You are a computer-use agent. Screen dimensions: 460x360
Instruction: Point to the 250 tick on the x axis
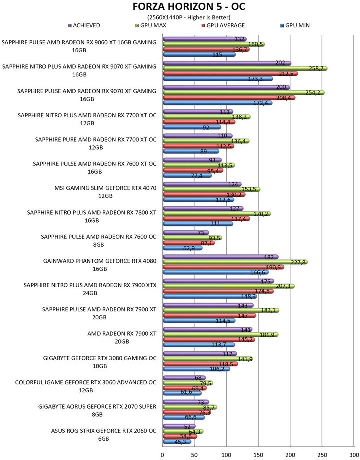pos(322,454)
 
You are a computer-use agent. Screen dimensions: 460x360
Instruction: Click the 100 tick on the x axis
pos(226,454)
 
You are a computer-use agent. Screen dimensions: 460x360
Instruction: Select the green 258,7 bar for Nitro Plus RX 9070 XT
pos(245,68)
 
